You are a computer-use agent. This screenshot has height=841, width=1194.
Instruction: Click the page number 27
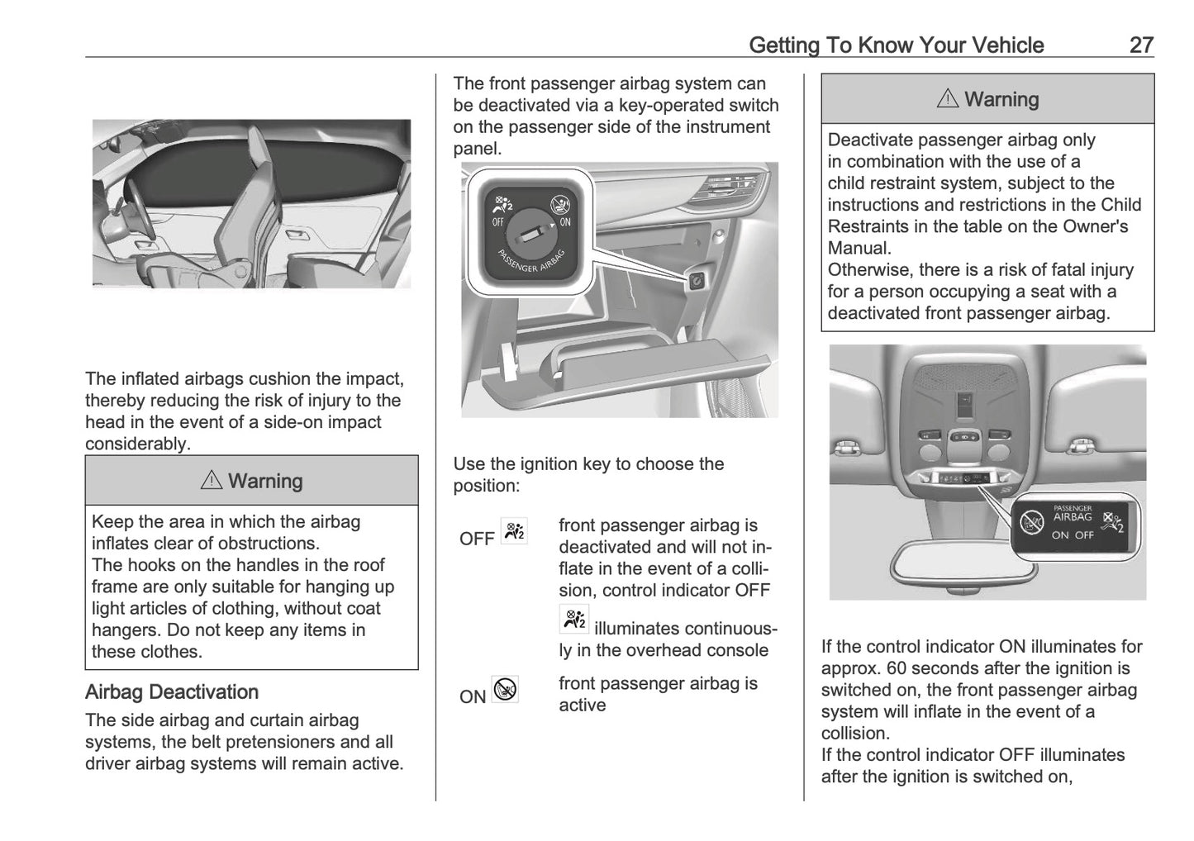coord(1140,45)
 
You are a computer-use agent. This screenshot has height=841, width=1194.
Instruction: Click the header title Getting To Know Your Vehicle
coord(896,45)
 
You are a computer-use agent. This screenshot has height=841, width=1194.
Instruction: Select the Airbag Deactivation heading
coord(172,691)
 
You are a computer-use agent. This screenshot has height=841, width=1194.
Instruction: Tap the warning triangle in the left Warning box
coord(212,481)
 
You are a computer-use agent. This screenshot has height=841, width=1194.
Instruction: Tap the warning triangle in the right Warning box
coord(948,99)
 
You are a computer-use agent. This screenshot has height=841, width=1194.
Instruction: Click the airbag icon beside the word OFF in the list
coord(514,531)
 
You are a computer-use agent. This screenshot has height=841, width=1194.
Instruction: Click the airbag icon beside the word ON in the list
coord(505,689)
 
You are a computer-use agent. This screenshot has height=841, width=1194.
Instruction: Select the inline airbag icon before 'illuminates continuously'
coord(573,620)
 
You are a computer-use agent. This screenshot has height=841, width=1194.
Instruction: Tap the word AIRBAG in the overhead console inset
coord(1072,517)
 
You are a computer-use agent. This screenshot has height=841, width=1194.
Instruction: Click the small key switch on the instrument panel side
coord(697,280)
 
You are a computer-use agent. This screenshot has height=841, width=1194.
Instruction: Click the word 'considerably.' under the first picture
coord(137,444)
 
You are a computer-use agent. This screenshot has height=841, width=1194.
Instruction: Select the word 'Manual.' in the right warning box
coord(859,248)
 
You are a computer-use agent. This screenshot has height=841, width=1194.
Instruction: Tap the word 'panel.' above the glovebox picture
coord(477,149)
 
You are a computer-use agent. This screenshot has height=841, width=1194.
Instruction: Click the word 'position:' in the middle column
coord(486,486)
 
